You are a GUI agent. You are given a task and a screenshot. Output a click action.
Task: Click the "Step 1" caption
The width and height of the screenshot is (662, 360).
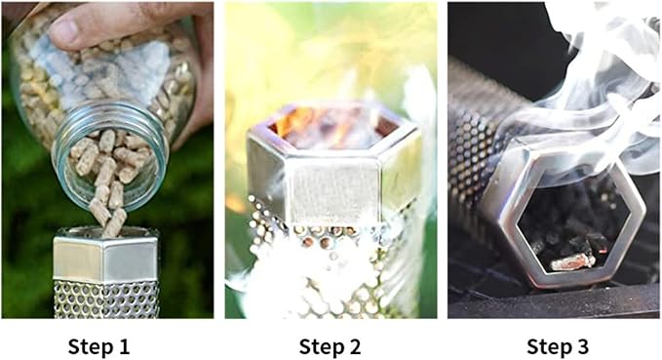point(98,347)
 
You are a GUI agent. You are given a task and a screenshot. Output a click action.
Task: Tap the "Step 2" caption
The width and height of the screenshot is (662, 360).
point(331,347)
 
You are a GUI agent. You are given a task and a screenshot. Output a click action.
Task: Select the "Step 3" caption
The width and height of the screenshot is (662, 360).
point(558,347)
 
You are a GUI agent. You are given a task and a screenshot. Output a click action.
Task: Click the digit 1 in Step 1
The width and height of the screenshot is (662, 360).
point(123,346)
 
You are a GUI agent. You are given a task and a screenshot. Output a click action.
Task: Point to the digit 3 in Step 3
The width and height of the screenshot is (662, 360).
point(583,346)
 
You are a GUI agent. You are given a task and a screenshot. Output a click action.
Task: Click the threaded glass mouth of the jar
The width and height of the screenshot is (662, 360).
point(110,155)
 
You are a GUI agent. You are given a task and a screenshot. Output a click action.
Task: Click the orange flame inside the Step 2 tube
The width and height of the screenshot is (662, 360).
point(295,120)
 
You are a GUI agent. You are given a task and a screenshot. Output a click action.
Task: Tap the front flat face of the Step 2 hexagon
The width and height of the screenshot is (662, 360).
point(333,189)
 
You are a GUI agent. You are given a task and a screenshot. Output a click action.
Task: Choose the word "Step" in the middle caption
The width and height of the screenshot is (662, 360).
point(320,347)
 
